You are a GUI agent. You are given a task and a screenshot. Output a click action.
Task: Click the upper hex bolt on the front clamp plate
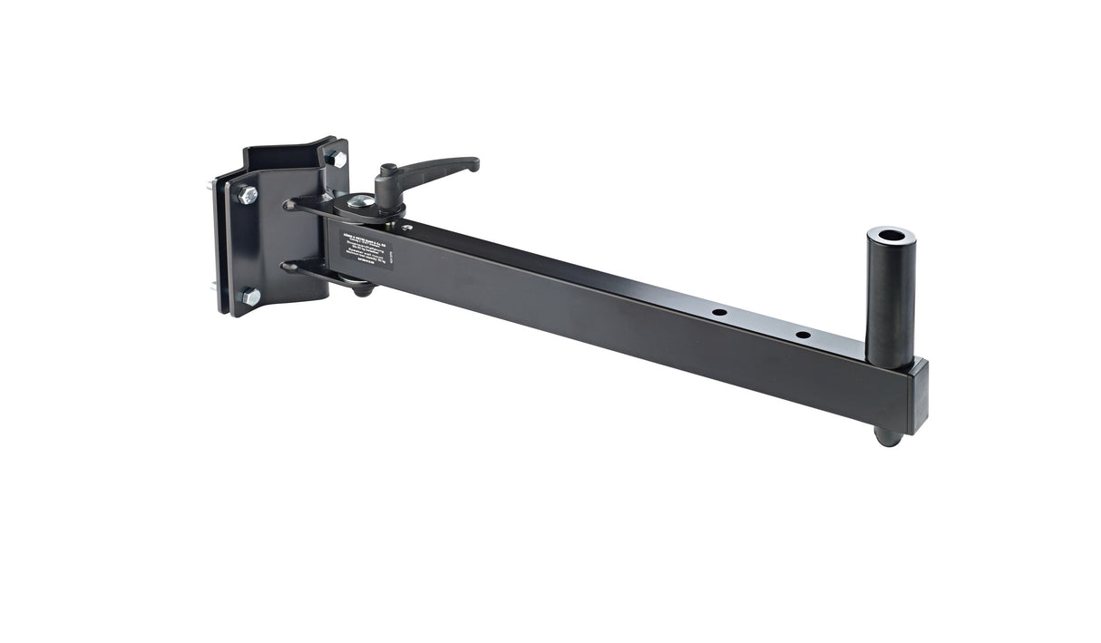point(247,194)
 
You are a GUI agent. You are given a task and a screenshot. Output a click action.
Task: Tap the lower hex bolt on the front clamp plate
point(249,297)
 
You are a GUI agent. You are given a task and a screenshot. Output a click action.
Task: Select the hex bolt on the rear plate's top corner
point(336,158)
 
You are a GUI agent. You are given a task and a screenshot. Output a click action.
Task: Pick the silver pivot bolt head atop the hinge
point(361,201)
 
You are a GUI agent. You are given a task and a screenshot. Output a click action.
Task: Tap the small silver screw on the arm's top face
point(407,228)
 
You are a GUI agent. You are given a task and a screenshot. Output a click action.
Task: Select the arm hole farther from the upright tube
point(719,312)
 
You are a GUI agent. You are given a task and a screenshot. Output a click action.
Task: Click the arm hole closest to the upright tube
point(803,335)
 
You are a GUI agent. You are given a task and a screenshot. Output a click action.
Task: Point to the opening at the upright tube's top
point(891,235)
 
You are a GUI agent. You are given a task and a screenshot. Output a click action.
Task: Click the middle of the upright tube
point(890,299)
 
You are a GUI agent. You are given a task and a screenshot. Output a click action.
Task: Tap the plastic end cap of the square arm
point(919,396)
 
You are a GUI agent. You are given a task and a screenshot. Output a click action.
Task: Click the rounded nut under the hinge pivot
point(361,289)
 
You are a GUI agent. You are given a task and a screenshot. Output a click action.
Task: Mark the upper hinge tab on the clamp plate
point(299,205)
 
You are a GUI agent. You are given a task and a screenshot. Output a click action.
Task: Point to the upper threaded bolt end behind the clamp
point(210,186)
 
